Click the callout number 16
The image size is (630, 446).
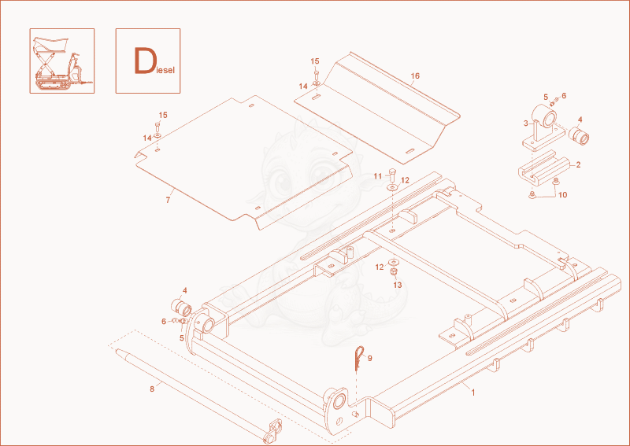coord(415,76)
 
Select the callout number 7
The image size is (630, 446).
coord(168,200)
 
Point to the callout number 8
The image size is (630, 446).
coord(152,389)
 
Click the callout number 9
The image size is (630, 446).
coord(369,358)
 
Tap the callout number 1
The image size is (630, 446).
coord(473,393)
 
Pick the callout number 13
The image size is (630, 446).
coord(398,285)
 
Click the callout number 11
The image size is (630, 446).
coord(378,176)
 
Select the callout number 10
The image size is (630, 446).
coord(562,195)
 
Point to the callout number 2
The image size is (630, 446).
coord(578,164)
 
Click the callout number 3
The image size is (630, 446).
coord(526,123)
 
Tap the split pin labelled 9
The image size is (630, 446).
coord(359,358)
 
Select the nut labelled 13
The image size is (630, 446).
coord(393,272)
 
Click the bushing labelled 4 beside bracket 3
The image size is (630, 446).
coord(579,135)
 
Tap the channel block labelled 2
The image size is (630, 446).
coord(544,168)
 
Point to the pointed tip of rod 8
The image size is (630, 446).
coord(117,351)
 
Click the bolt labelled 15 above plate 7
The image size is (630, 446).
coord(157,127)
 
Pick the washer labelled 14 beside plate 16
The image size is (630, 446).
coord(317,83)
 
